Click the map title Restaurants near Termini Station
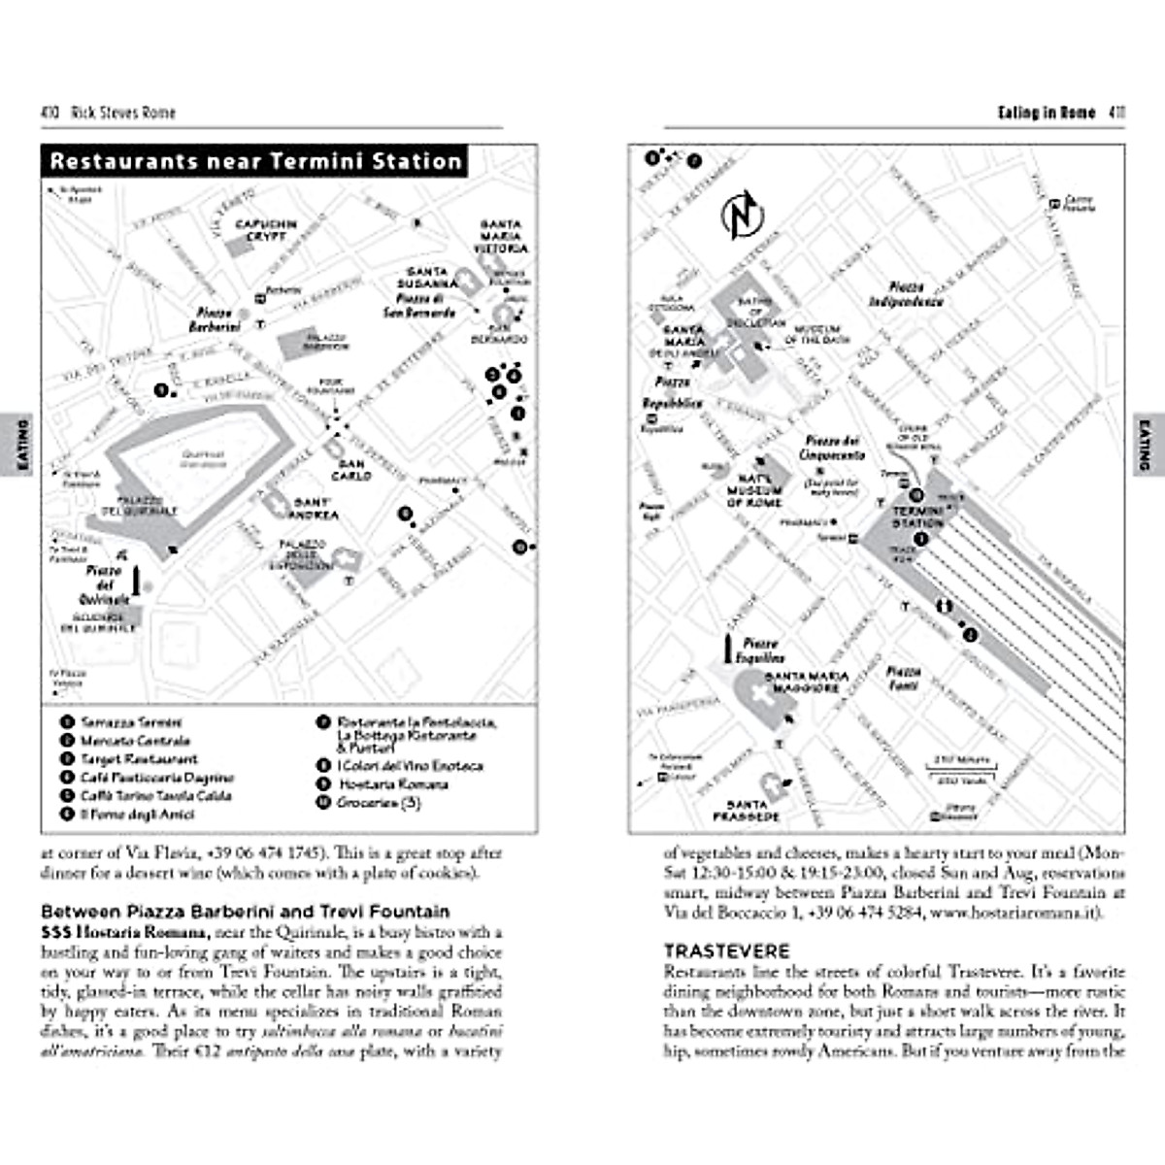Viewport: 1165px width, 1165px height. point(255,161)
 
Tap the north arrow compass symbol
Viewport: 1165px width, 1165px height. point(743,214)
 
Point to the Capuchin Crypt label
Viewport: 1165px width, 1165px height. point(266,230)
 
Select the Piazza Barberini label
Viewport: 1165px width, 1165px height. point(214,320)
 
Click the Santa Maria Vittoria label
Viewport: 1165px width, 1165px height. point(501,237)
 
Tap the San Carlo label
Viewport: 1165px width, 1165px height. point(350,471)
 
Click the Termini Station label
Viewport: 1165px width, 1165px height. point(917,516)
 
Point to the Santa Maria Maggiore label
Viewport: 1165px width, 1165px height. point(807,682)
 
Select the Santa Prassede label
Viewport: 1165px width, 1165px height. point(747,811)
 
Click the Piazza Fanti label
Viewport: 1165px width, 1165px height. point(903,679)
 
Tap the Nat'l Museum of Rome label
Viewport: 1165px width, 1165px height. point(754,490)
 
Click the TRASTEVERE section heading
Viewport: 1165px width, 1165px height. point(727,951)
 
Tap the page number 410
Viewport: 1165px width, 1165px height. point(50,113)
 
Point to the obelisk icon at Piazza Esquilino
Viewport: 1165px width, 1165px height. point(727,649)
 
